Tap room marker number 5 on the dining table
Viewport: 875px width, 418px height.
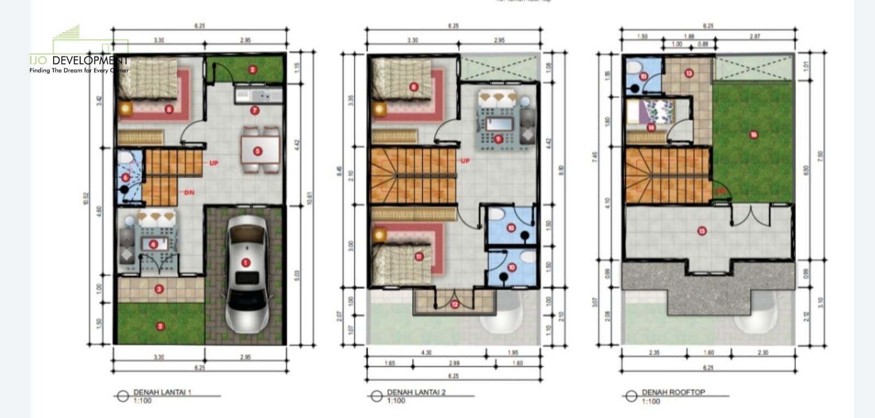click(257, 151)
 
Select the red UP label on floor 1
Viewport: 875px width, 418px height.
click(213, 163)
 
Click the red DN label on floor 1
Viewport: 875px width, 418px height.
click(189, 192)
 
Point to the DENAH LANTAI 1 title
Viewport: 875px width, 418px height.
click(162, 392)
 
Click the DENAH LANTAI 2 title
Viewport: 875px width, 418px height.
click(416, 392)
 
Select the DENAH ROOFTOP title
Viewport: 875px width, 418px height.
click(673, 392)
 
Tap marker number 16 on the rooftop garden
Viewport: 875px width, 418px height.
click(753, 134)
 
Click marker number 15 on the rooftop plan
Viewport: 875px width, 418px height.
click(702, 231)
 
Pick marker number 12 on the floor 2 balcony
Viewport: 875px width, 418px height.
click(454, 304)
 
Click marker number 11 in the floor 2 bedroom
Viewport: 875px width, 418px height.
click(419, 256)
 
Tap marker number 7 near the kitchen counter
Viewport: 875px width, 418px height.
click(254, 110)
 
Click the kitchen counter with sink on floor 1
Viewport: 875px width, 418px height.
click(258, 96)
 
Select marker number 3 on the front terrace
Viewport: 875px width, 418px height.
click(159, 289)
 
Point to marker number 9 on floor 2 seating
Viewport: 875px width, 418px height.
click(498, 139)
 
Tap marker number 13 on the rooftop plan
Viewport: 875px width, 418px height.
click(689, 73)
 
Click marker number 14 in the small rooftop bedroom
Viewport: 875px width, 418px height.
click(651, 128)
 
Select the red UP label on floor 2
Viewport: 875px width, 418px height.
click(465, 161)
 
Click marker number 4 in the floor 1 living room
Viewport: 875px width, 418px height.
click(154, 244)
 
